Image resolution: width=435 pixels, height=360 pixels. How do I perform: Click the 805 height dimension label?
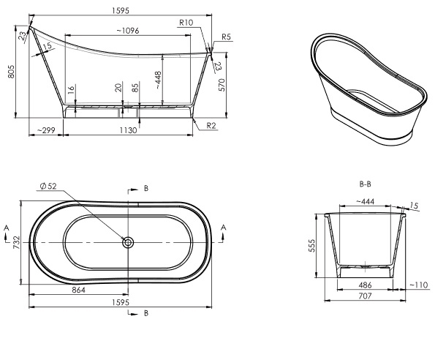11,72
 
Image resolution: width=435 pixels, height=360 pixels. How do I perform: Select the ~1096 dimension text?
128,31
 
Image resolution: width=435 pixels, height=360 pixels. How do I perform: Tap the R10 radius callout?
186,23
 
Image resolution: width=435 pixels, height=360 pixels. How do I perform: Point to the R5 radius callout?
227,37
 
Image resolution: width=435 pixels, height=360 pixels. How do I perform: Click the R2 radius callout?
211,126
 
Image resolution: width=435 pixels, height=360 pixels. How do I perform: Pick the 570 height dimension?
222,85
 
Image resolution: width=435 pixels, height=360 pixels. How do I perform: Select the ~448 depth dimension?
158,80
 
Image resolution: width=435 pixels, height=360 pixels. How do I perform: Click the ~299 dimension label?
46,130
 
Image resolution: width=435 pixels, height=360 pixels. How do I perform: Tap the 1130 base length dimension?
128,130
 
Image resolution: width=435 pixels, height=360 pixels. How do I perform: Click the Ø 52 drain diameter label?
48,187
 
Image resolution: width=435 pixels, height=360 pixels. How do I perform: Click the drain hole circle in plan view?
128,243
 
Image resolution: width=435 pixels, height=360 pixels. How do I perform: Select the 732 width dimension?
17,242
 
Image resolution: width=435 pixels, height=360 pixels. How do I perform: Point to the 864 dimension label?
78,290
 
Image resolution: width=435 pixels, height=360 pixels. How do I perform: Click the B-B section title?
365,184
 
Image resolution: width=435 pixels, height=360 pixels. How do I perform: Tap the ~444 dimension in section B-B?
365,201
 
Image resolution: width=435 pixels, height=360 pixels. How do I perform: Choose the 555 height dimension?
312,245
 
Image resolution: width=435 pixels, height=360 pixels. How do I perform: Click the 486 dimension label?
365,285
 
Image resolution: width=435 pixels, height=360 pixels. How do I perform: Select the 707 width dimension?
365,296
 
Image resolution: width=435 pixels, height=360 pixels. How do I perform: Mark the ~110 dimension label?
419,285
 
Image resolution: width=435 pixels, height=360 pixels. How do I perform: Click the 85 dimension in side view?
135,88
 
